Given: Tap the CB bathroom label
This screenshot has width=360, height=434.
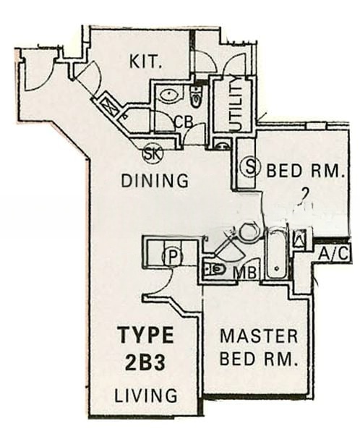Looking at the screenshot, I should [x=184, y=122].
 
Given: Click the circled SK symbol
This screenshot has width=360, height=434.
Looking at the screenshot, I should [x=152, y=153].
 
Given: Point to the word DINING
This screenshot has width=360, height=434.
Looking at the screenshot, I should [x=155, y=180].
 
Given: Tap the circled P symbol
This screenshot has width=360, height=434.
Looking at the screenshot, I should [x=171, y=255].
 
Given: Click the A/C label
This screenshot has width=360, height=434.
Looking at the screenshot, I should [x=334, y=254].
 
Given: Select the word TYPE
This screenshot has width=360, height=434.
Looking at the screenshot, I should [x=145, y=336].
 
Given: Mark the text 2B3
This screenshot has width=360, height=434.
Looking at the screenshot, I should [x=145, y=363].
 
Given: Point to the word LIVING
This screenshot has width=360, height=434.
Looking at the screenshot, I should [x=145, y=396].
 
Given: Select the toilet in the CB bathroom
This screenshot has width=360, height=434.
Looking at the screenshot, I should [x=196, y=95].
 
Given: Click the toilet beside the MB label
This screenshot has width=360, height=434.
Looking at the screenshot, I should [x=217, y=269].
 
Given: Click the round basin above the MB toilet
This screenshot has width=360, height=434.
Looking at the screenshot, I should [x=247, y=232].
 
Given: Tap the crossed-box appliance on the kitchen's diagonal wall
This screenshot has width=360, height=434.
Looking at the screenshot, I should [x=110, y=106].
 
